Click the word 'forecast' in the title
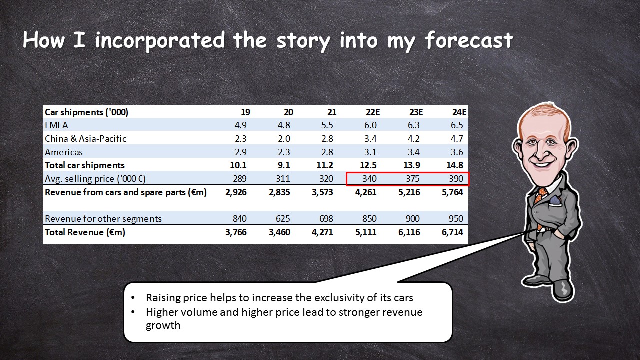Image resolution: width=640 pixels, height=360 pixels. pos(469,40)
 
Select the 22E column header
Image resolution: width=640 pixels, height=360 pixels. pos(373,112)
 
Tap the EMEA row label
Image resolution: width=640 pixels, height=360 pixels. pos(56,125)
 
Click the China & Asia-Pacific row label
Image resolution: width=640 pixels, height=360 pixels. pos(85,139)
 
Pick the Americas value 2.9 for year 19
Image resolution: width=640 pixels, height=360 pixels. pos(241,152)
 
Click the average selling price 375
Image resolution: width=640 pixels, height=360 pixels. pos(413,179)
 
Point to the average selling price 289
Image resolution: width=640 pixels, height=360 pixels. pos(239,179)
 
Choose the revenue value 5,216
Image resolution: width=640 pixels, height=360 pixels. pos(409,192)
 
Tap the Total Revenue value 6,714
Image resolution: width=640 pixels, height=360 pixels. pos(452,232)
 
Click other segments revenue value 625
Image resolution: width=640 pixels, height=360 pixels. pos(283,219)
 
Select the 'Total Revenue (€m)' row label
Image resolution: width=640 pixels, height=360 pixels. pos(85,232)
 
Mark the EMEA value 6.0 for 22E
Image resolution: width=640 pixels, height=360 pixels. pos(370,125)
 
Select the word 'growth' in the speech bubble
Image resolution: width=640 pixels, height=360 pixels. pos(163,325)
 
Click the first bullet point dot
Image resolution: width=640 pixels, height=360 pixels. pos(133,298)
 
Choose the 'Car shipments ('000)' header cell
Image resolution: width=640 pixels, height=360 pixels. pos(86,112)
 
